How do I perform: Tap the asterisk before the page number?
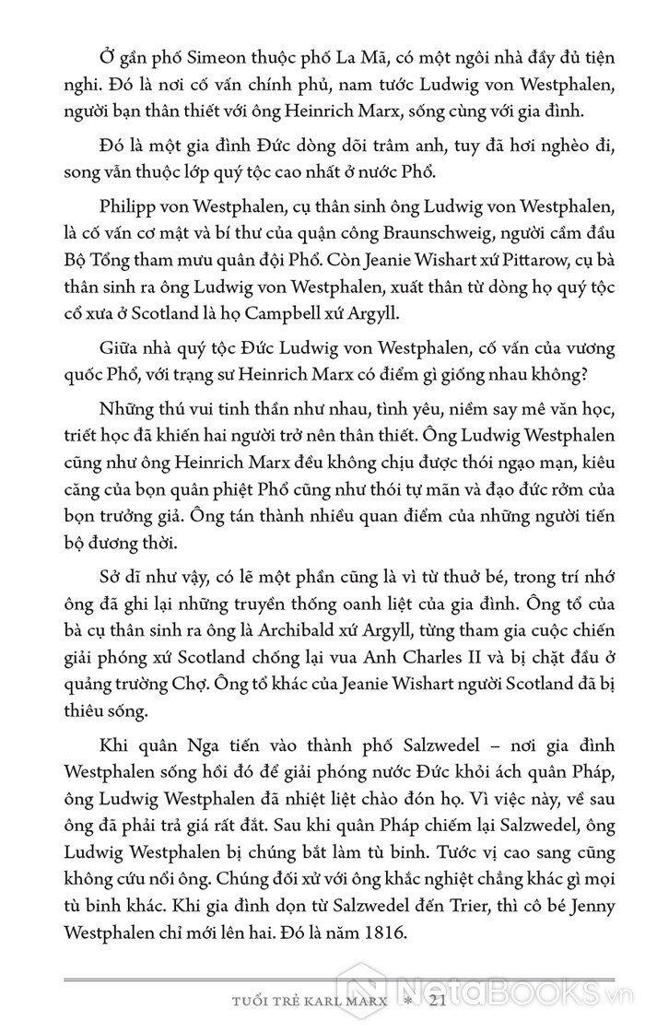tap(407, 1003)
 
